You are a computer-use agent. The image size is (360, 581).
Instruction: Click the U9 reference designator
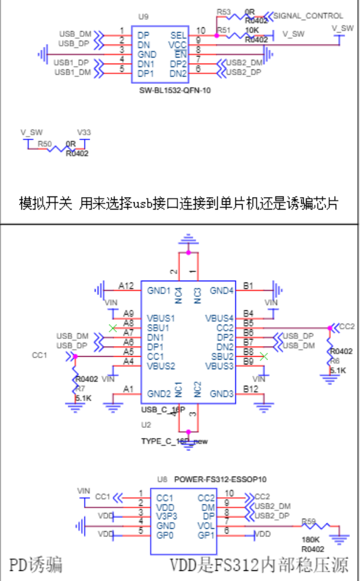[x=142, y=18]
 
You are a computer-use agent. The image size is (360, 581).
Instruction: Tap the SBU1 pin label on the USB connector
[x=159, y=327]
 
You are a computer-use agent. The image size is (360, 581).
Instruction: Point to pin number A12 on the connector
[x=126, y=285]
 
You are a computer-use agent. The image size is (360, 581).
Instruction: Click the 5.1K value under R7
[x=83, y=398]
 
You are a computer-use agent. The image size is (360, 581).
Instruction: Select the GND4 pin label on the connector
[x=222, y=291]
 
